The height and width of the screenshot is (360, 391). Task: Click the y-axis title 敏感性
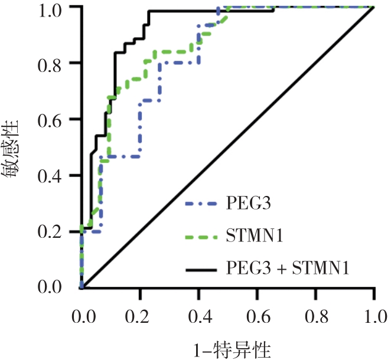click(x=13, y=148)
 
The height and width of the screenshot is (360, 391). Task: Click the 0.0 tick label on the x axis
click(x=82, y=312)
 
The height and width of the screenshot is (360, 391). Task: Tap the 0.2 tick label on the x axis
click(x=140, y=312)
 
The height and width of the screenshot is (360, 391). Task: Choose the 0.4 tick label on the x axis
click(x=199, y=312)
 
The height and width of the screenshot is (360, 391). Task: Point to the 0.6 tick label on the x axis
click(x=258, y=312)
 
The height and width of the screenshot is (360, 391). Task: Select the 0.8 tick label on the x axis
click(x=316, y=312)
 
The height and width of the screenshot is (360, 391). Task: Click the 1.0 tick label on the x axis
click(x=374, y=312)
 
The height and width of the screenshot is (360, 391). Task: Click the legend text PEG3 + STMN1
click(x=289, y=270)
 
